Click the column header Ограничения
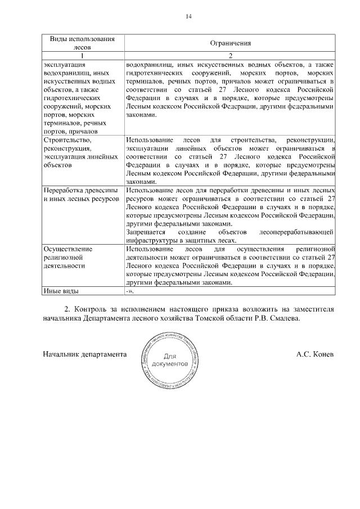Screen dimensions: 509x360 (x=230, y=43)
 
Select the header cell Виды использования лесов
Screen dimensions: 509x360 (x=82, y=43)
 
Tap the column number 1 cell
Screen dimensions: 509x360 (x=82, y=56)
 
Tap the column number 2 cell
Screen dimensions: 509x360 (x=230, y=56)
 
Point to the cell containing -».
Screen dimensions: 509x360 (x=130, y=291)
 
